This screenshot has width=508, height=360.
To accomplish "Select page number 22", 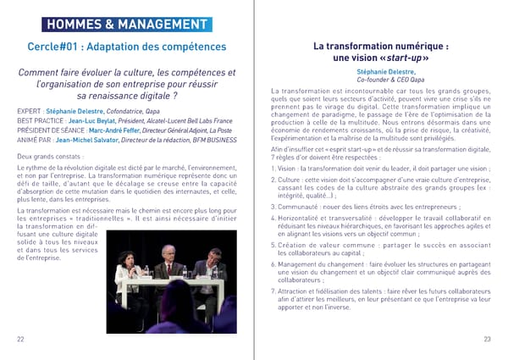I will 20,339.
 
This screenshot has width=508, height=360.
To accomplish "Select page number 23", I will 487,339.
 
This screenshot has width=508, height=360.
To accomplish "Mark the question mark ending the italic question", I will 177,96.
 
